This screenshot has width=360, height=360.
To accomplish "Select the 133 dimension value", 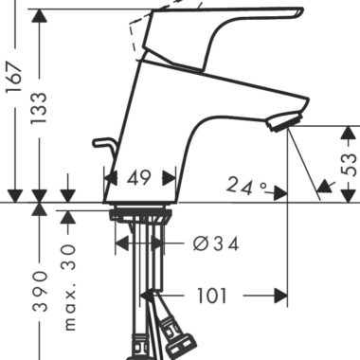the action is pyautogui.click(x=40, y=107).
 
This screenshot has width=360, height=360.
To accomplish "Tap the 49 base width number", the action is pyautogui.click(x=138, y=178).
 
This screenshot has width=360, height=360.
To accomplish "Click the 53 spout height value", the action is pyautogui.click(x=349, y=165).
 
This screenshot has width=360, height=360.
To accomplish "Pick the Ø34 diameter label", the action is pyautogui.click(x=216, y=244).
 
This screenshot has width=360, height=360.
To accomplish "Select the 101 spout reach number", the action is pyautogui.click(x=212, y=296).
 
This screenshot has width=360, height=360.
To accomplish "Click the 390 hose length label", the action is pyautogui.click(x=40, y=291).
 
